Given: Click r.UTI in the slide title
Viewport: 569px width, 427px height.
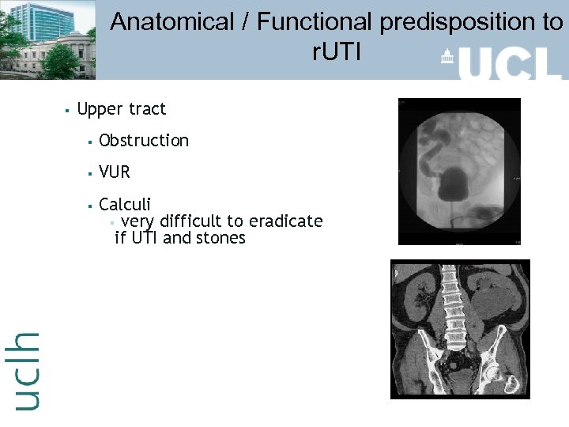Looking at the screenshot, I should (x=336, y=53).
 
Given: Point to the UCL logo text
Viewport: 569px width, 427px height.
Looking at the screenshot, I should (x=510, y=63).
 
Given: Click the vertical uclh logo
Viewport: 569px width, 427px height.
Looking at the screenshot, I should (x=26, y=370).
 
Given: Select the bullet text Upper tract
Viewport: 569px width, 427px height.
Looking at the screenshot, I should (x=122, y=109).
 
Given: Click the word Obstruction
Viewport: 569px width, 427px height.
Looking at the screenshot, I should (x=144, y=141).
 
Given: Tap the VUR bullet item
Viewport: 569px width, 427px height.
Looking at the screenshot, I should (x=115, y=172).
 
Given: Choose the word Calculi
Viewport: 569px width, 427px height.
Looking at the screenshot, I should (x=125, y=205).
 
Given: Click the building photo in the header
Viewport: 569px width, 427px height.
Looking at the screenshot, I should (x=47, y=40).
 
